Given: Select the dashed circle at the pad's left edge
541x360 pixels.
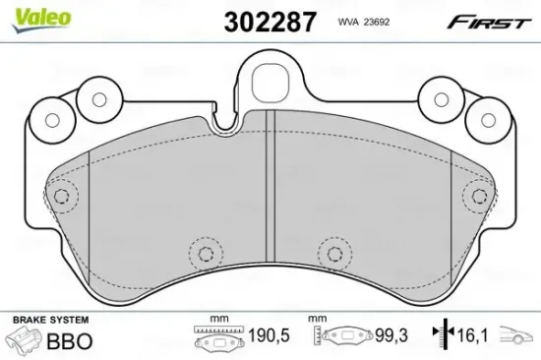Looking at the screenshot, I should [63, 195].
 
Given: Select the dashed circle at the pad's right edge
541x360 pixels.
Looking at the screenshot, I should [478, 195].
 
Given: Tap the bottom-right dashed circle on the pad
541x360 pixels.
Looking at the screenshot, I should [334, 254].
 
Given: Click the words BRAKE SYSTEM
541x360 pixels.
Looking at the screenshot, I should [49, 321].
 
